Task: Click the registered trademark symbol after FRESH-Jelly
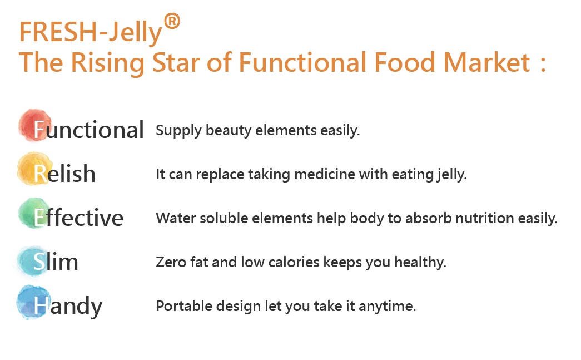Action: pos(172,21)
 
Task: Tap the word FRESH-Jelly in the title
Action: pos(91,32)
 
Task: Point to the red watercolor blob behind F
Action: pos(35,125)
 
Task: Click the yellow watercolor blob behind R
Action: pos(33,169)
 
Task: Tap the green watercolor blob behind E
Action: pos(34,213)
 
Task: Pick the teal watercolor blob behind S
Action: pos(33,260)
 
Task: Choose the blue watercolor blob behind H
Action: pos(33,302)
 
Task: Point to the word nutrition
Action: pos(485,218)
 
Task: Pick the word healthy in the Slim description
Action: pos(420,263)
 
